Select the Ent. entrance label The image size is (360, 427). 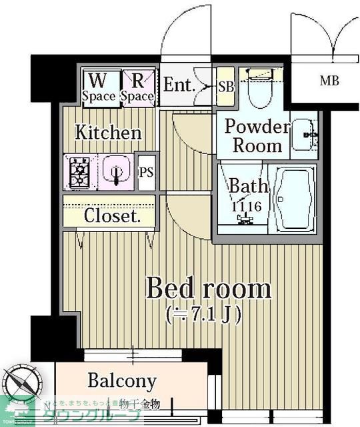point(179,85)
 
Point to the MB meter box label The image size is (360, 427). point(329,81)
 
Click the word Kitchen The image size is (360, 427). point(108,132)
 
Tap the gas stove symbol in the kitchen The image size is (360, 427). point(79,172)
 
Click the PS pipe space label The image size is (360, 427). point(146,171)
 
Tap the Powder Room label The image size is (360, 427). point(253,135)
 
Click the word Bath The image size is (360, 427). point(249,186)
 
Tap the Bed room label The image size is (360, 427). point(208,290)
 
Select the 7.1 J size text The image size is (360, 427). point(207,313)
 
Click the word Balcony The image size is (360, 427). point(122,382)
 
